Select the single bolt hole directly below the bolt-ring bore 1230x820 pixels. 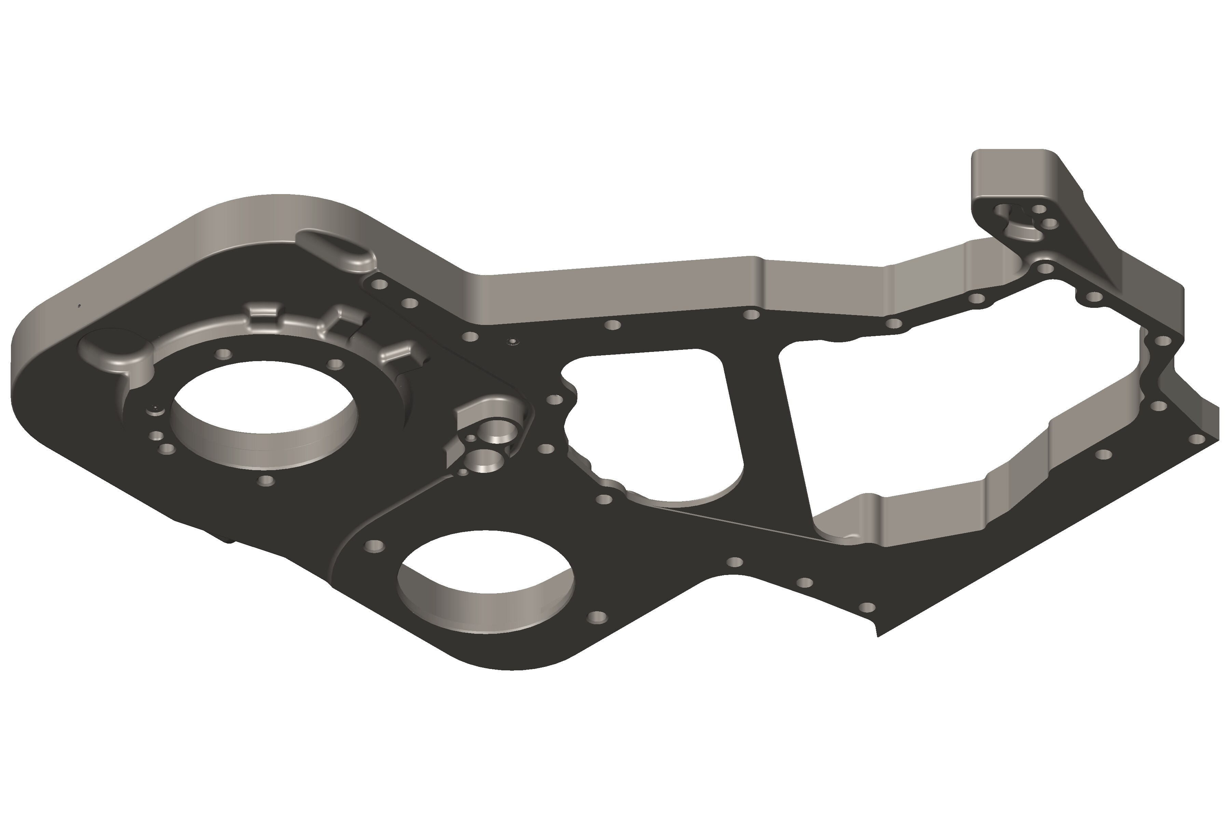[267, 480]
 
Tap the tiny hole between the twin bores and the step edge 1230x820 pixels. [463, 472]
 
